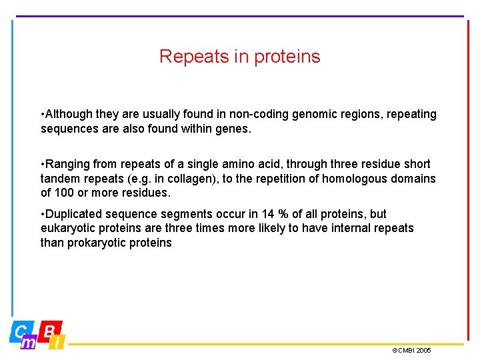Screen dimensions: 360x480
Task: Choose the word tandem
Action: tap(60, 179)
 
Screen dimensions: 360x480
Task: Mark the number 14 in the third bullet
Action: tap(268, 214)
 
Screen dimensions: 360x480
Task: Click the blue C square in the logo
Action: tap(21, 331)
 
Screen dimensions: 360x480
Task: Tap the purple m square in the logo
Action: tap(28, 343)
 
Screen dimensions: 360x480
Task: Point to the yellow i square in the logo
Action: tap(58, 343)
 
